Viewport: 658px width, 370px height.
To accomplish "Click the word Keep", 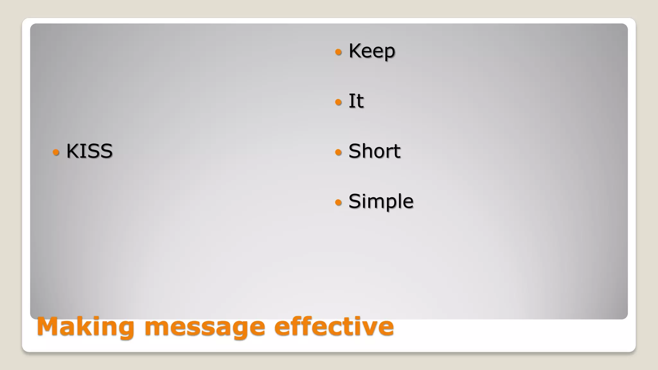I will point(372,51).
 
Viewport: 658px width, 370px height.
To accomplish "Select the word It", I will point(356,101).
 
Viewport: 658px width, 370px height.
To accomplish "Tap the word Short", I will point(374,151).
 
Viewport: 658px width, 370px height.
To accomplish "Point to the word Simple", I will point(381,201).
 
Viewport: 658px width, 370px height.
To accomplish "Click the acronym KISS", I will point(89,151).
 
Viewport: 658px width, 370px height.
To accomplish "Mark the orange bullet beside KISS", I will point(56,152).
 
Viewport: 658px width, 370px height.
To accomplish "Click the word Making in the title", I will point(85,327).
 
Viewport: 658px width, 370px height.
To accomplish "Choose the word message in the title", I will point(205,327).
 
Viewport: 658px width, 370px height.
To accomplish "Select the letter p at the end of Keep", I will point(389,53).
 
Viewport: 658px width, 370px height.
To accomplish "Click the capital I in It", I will point(351,101).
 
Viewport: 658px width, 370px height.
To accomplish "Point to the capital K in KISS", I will point(72,151).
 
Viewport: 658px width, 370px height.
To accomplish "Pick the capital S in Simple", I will point(355,201).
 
